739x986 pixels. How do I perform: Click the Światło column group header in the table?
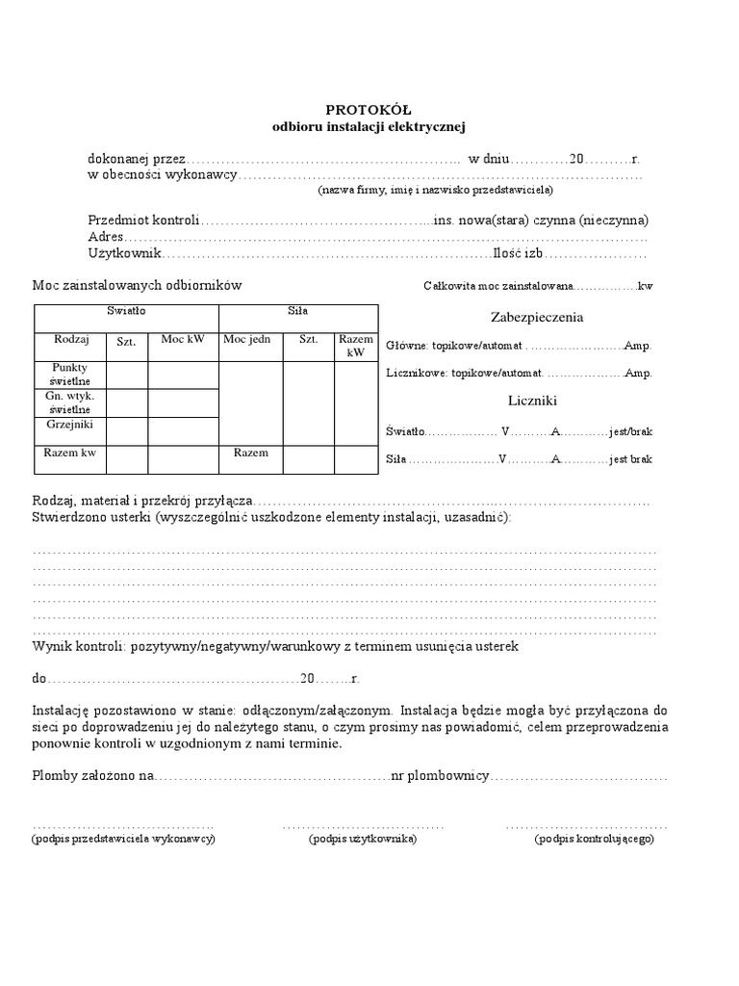(x=126, y=311)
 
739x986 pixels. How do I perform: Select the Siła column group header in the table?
(x=298, y=311)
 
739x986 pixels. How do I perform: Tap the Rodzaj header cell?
(x=71, y=340)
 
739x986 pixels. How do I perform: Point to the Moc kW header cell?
(x=183, y=340)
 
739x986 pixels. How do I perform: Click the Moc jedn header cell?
(x=251, y=340)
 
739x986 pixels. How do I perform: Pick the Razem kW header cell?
(x=356, y=346)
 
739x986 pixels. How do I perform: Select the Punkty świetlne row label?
(x=71, y=375)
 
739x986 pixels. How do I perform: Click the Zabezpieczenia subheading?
(x=537, y=317)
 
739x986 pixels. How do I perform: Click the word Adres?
(x=106, y=237)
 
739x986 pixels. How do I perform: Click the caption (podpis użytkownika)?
(x=363, y=839)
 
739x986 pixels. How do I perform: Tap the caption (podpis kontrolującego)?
(x=595, y=839)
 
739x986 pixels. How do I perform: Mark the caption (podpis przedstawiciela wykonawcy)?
(x=123, y=839)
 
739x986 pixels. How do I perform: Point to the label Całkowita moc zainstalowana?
(x=497, y=286)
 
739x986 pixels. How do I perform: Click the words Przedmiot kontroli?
(x=143, y=220)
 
